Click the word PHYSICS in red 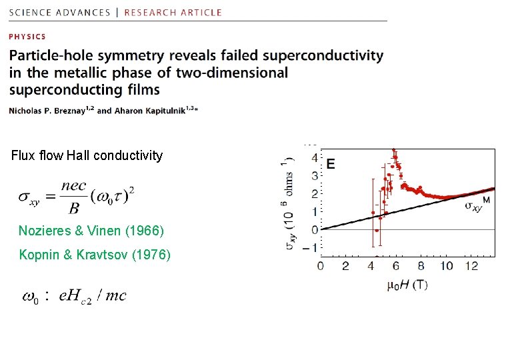(x=27, y=37)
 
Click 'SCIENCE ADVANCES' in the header (x=60, y=12)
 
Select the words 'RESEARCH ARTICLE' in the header (x=173, y=12)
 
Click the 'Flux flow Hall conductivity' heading (x=87, y=156)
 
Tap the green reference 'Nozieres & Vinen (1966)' (x=91, y=231)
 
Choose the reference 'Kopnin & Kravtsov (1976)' (x=95, y=255)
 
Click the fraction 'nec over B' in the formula (x=73, y=198)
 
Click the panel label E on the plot (x=331, y=163)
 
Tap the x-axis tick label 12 (x=473, y=266)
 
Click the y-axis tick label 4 (x=315, y=158)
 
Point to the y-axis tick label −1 (x=312, y=248)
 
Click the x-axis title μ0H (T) (x=407, y=285)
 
